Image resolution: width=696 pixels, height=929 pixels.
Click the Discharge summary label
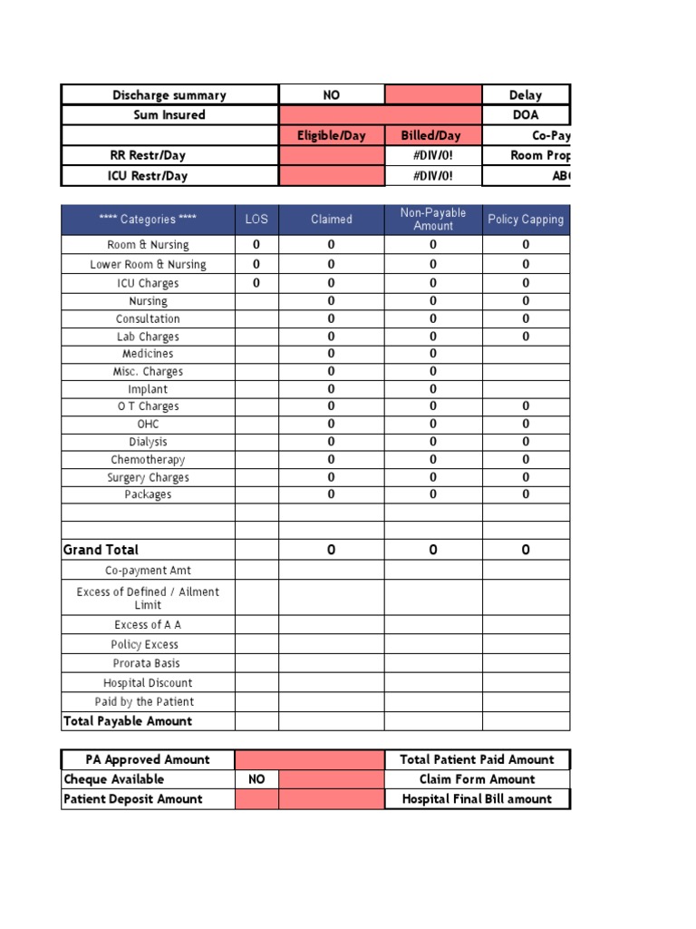pos(169,95)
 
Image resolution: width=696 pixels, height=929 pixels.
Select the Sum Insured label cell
pos(169,115)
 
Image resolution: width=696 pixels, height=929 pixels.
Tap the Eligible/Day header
pos(332,135)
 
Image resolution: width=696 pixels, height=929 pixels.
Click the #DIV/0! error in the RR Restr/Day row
pos(432,155)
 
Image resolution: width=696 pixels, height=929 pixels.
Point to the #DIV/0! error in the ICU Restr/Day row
pos(432,176)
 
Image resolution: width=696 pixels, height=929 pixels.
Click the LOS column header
pos(256,220)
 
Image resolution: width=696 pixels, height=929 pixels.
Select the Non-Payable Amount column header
pos(433,220)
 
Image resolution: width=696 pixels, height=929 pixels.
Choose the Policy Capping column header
pos(526,220)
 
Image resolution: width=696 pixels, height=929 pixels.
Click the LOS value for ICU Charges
pos(256,283)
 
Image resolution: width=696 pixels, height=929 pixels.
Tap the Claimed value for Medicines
pos(332,354)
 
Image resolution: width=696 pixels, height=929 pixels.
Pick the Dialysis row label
pos(148,442)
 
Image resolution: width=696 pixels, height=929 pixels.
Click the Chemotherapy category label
pos(148,460)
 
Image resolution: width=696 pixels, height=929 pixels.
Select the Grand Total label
pos(101,550)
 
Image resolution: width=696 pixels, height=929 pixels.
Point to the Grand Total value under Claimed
pos(332,550)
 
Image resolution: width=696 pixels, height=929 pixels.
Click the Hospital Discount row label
pos(148,683)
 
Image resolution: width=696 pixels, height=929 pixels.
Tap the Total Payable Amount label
pos(128,721)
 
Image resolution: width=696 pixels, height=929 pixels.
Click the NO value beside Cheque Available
pos(256,779)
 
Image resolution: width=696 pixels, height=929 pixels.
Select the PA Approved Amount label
pos(148,760)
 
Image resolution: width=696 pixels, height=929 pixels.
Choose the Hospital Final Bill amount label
pos(477,799)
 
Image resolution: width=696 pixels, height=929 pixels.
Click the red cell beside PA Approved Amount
pos(309,760)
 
